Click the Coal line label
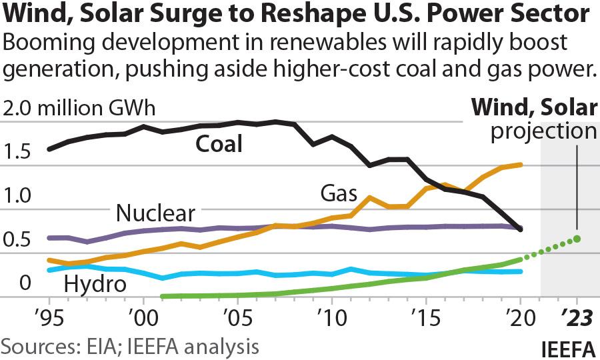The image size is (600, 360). tap(218, 144)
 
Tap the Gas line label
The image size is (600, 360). tap(339, 194)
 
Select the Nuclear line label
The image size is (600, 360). tap(155, 213)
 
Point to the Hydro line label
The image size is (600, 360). tap(95, 285)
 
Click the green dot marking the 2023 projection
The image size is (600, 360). tap(577, 239)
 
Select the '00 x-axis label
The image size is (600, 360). tap(142, 314)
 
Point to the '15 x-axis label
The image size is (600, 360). tap(424, 314)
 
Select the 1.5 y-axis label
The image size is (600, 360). tap(17, 153)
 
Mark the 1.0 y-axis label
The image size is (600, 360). tap(17, 196)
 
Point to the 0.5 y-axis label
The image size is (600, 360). tap(17, 239)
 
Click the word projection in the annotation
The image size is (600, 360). tap(544, 131)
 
